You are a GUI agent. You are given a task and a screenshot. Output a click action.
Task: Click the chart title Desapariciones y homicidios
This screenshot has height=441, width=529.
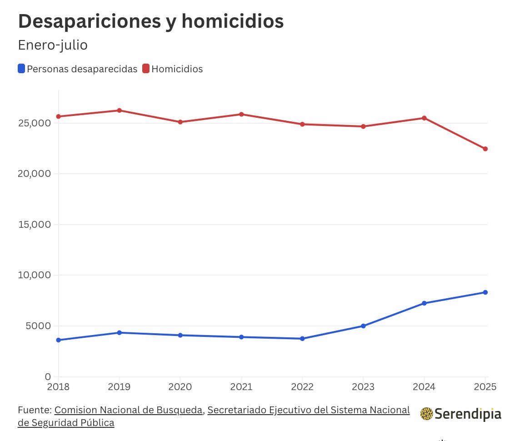pos(150,22)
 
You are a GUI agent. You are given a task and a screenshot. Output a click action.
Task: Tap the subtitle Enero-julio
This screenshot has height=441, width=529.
pos(52,45)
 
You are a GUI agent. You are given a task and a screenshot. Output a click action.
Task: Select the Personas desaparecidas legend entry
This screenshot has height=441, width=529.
pos(77,69)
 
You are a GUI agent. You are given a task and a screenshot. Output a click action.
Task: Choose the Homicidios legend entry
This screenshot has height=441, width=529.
pos(173,69)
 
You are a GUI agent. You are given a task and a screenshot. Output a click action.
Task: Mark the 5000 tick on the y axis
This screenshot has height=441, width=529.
pos(39,326)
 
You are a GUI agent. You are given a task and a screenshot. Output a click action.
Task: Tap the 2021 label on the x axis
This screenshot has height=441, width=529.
pos(241,387)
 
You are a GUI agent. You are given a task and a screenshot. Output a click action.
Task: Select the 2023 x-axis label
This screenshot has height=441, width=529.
pos(363,387)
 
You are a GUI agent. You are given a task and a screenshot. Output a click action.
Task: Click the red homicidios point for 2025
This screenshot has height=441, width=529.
pos(485,149)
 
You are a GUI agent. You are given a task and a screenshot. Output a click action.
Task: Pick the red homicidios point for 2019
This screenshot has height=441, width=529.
pos(119,110)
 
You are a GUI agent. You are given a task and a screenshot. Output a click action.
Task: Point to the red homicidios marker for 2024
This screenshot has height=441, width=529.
pos(424,118)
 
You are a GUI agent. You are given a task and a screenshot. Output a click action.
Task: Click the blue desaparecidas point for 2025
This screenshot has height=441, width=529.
pos(485,292)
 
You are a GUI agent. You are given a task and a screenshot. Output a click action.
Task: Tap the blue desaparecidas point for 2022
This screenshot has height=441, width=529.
pos(302,339)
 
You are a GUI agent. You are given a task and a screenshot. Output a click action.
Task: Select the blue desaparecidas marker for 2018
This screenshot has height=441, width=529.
pos(59,340)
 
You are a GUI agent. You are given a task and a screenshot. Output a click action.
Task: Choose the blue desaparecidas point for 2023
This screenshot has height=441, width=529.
pos(363,326)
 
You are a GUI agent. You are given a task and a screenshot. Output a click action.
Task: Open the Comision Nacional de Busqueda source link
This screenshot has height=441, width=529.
pos(129,410)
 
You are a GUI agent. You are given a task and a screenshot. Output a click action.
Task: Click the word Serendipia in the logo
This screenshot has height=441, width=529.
pos(468,414)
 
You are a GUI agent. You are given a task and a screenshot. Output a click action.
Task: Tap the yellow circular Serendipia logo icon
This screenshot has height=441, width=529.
pos(426,414)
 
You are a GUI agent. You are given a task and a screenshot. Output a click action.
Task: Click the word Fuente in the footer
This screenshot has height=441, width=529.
pos(34,410)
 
